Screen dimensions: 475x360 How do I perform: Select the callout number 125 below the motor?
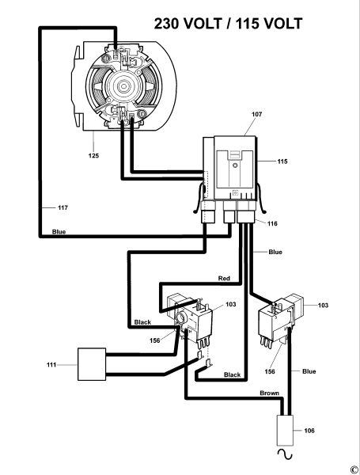[x=93, y=156]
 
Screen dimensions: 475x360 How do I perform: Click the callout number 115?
[x=282, y=161]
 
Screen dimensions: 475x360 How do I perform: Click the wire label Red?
[x=225, y=279]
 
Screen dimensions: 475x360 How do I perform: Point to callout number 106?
[x=309, y=430]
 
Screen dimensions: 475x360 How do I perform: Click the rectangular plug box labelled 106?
[x=285, y=433]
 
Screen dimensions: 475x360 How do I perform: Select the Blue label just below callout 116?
[x=275, y=253]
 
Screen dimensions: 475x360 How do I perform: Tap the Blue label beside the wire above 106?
[x=309, y=370]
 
